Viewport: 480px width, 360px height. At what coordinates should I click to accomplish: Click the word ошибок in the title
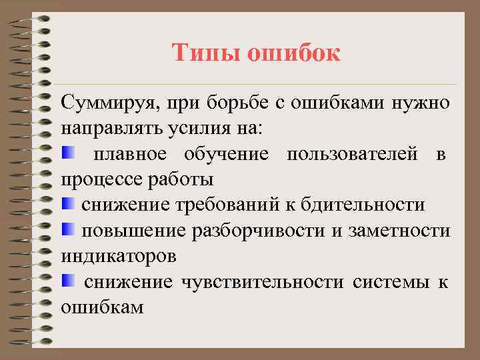tap(294, 53)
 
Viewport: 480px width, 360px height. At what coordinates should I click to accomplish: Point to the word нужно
tap(421, 104)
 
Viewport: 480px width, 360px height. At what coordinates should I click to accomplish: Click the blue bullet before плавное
tap(66, 154)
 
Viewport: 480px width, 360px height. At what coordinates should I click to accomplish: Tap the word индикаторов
tap(118, 255)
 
